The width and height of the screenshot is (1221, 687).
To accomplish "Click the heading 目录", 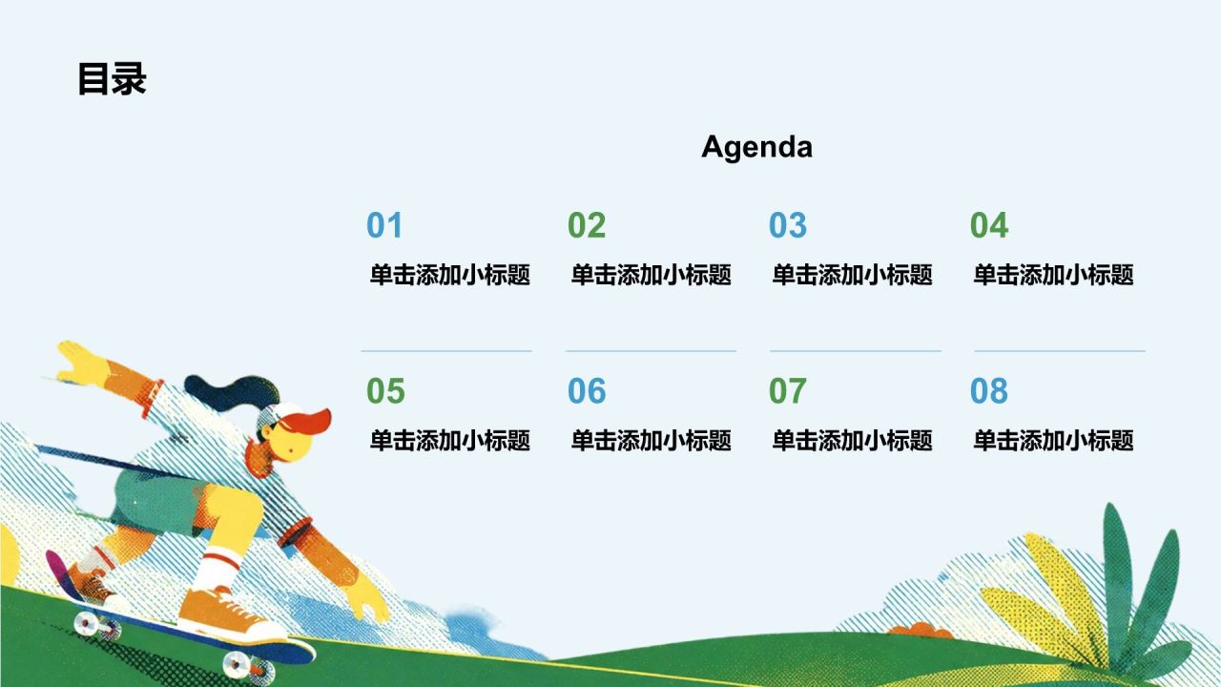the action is click(x=112, y=78).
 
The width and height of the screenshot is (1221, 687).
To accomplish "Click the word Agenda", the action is click(x=756, y=147).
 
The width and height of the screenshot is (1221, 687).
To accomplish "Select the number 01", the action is click(x=384, y=225).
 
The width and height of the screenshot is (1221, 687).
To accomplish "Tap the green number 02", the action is click(x=587, y=225).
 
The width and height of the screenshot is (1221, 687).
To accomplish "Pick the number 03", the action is click(x=788, y=225).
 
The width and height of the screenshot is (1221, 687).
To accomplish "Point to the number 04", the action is click(x=989, y=225).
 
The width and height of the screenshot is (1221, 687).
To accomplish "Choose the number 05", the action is click(x=385, y=391).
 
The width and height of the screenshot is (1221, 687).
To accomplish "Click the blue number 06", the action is click(x=587, y=391).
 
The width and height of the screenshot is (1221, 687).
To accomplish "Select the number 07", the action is click(x=788, y=391).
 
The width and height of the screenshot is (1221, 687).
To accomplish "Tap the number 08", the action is click(x=989, y=391).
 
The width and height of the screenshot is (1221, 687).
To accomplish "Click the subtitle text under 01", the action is click(x=450, y=274).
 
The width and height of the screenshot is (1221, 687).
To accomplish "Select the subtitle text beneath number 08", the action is click(x=1054, y=440).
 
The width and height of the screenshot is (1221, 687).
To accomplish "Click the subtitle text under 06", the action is click(x=652, y=440).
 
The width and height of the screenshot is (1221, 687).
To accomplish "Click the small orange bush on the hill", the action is click(x=921, y=630).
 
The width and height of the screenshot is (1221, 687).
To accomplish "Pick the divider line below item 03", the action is click(x=856, y=351).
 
